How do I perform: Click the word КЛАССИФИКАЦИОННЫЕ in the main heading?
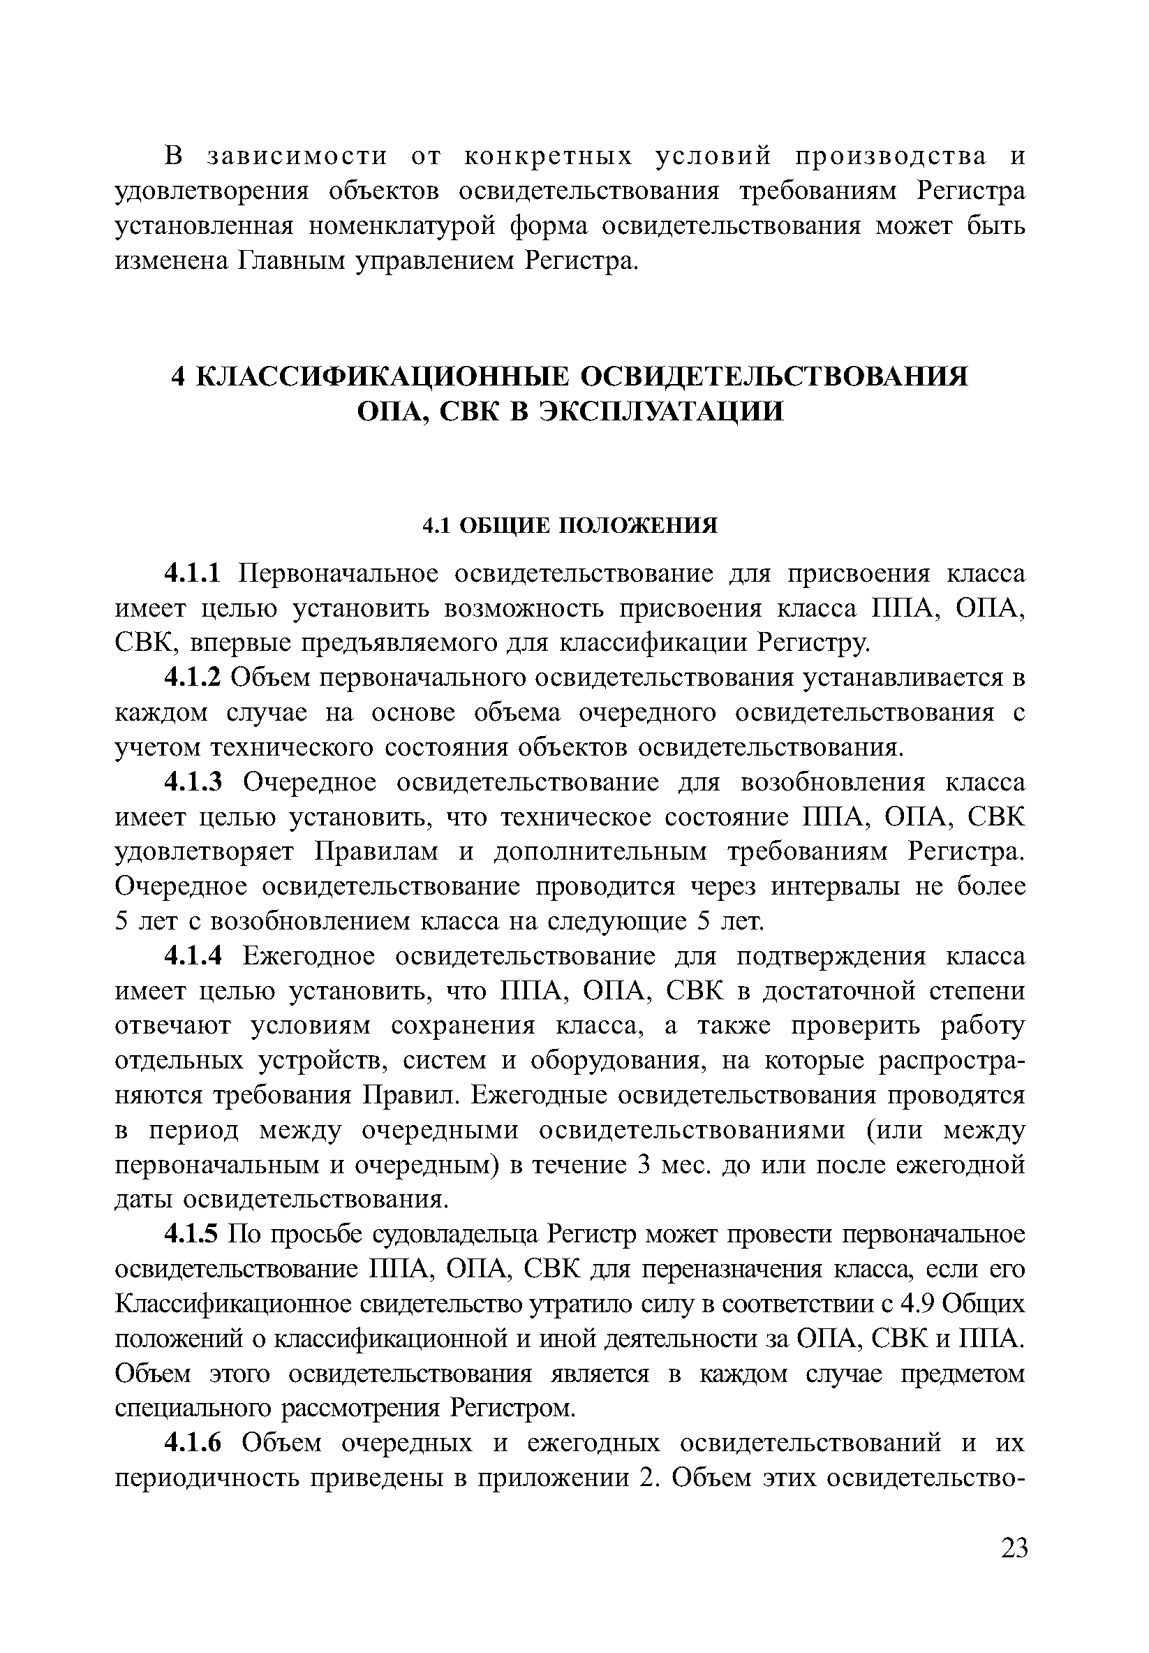[382, 376]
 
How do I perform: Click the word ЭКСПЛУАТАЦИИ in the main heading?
[662, 412]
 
